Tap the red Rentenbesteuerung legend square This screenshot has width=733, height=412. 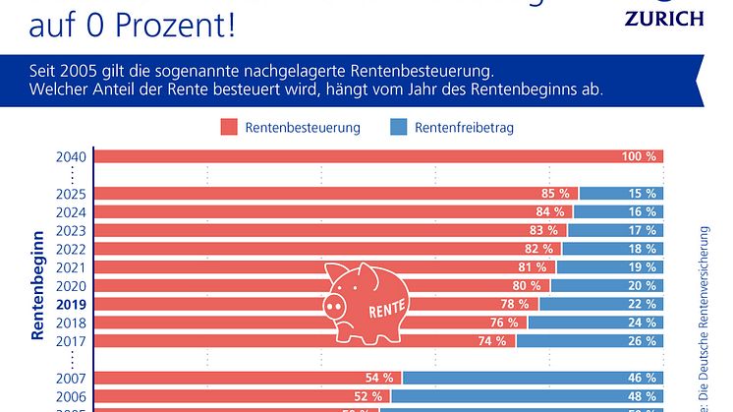pos(229,128)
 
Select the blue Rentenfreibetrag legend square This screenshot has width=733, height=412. pos(399,128)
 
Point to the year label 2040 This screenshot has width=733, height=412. pos(72,156)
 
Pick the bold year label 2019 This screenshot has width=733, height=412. pos(72,304)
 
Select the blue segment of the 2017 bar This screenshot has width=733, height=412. pos(590,340)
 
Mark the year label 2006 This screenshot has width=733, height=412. pos(72,395)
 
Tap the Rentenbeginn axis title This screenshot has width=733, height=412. pos(37,285)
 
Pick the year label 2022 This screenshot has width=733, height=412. pos(72,249)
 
